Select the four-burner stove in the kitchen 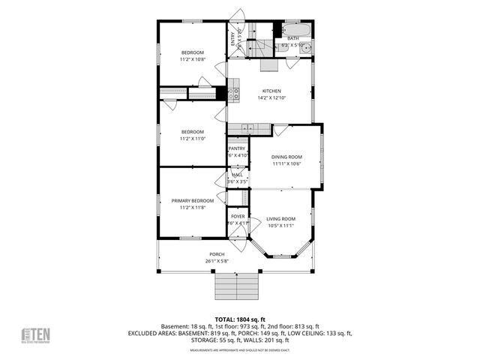coord(234,94)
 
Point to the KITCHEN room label coord(271,91)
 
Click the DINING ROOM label coord(286,157)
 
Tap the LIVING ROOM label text coord(281,218)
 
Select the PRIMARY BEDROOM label coord(192,201)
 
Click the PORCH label coord(217,254)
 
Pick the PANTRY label coord(237,148)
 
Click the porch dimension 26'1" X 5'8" coord(217,261)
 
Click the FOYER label coord(237,216)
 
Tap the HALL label coord(237,175)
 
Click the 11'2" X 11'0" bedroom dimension coord(192,138)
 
